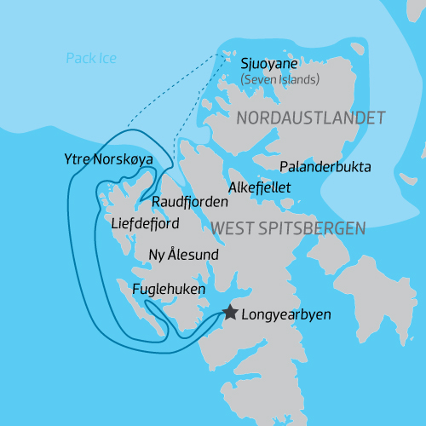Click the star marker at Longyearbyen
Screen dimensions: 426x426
click(x=230, y=312)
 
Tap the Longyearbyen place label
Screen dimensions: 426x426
click(x=286, y=314)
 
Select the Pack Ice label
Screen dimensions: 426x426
click(x=91, y=59)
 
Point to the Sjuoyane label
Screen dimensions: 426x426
click(x=270, y=64)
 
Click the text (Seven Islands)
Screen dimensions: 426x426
click(x=279, y=80)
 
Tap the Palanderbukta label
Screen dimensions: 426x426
click(x=325, y=166)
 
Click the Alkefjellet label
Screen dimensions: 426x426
click(x=260, y=187)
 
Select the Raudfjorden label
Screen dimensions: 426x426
click(x=190, y=202)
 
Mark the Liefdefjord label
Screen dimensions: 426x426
click(x=145, y=223)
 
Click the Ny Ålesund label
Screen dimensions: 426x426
click(x=184, y=255)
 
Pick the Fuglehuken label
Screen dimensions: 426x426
click(x=169, y=290)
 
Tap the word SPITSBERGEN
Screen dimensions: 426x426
click(x=314, y=228)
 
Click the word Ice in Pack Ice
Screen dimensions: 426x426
click(x=106, y=59)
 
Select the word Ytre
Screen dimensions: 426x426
click(x=77, y=158)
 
